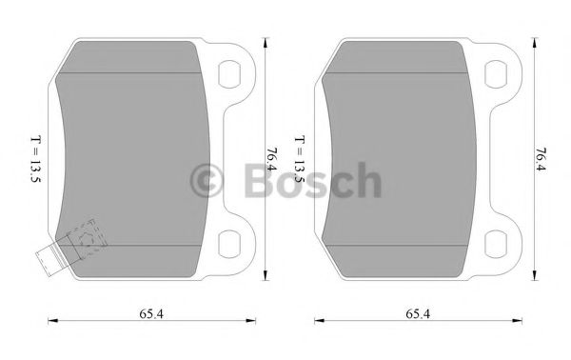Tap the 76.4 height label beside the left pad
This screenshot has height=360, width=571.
272,157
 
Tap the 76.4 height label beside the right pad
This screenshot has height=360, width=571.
540,157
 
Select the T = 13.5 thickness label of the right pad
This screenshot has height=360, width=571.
300,158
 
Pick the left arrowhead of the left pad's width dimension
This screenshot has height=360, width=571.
49,321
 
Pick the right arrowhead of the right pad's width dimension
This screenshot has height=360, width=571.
521,321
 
